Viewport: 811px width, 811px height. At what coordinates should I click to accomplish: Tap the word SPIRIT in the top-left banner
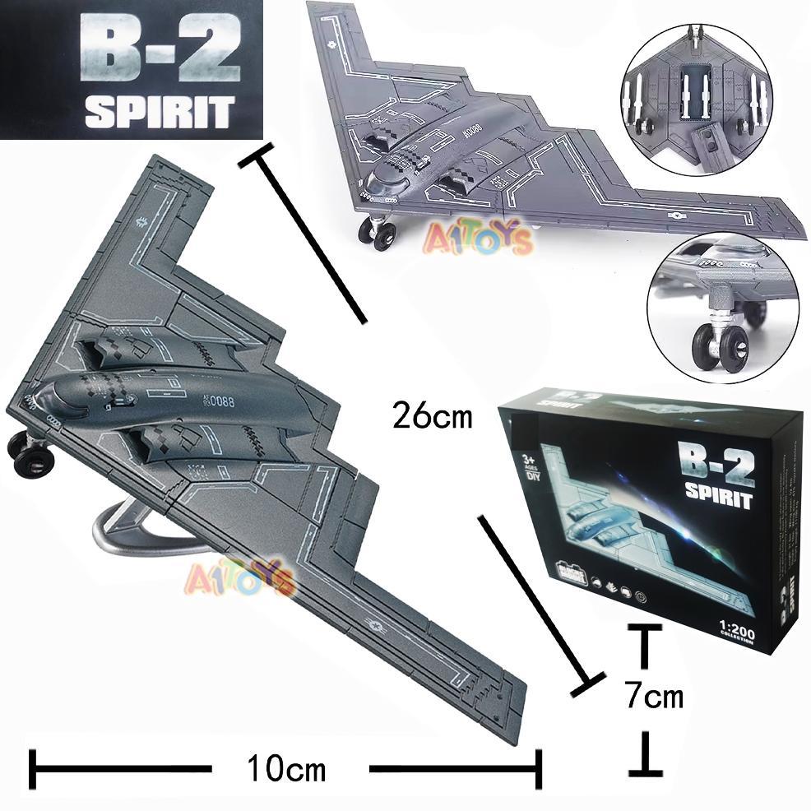(158, 112)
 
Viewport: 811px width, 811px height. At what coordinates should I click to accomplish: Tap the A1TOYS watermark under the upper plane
(478, 239)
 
